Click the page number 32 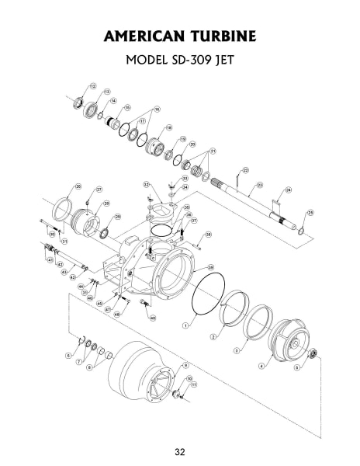pyautogui.click(x=179, y=451)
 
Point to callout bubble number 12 pyautogui.click(x=93, y=85)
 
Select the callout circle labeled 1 pyautogui.click(x=186, y=326)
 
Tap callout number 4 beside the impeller pyautogui.click(x=261, y=365)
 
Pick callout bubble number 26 pyautogui.click(x=78, y=186)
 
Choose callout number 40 pyautogui.click(x=153, y=318)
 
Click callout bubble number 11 pyautogui.click(x=194, y=384)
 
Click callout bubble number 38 pyautogui.click(x=208, y=234)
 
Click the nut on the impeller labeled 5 pyautogui.click(x=310, y=354)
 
